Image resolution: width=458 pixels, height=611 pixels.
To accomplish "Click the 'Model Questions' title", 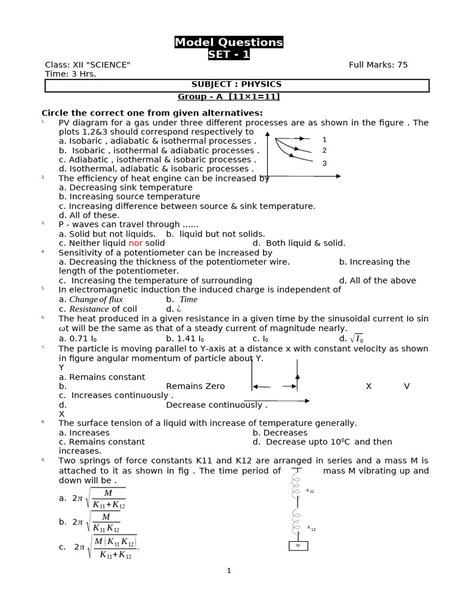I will pos(228,42).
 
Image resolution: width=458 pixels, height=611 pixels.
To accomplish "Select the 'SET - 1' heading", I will pos(228,55).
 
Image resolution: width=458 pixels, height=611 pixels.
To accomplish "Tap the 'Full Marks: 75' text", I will pos(378,65).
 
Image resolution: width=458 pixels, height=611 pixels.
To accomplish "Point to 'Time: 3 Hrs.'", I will pos(70,74).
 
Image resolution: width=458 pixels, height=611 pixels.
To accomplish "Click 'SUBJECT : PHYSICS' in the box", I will pos(236,85).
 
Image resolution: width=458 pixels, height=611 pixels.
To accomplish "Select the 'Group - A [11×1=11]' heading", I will pos(228,97).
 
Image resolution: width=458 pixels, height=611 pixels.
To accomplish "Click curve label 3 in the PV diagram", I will pos(324,163).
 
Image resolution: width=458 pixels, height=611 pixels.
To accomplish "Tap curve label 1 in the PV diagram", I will pos(324,140).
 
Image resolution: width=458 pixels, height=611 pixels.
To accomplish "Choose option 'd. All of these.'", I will pos(89,215).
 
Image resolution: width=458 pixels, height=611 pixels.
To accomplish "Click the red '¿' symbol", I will pos(178,309).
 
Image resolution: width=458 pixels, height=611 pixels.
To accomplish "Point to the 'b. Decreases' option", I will pos(280,433).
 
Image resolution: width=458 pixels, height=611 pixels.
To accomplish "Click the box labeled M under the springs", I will pos(298,546).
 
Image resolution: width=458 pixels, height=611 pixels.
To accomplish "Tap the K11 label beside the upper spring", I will pos(310,491).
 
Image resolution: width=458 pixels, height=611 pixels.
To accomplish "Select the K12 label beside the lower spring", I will pos(311,528).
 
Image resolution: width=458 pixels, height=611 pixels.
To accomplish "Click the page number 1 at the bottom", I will pos(228,571).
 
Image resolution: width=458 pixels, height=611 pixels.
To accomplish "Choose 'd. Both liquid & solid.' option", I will pos(299,243).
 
